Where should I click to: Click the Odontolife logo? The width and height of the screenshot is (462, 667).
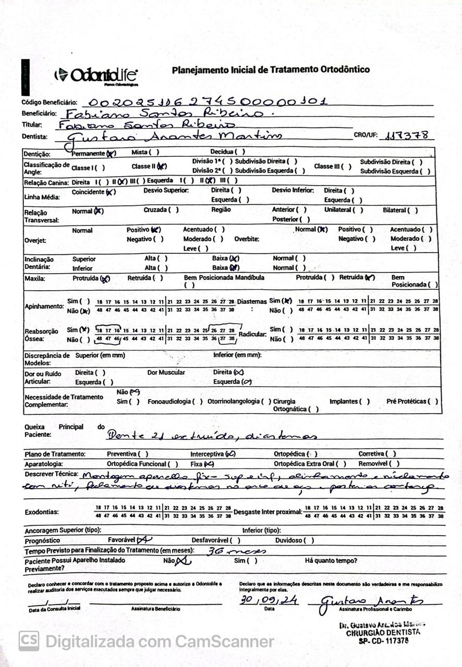click(96, 75)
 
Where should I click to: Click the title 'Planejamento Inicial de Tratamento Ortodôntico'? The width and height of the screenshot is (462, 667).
click(271, 69)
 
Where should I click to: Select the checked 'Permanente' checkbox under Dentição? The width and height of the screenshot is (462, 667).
click(111, 153)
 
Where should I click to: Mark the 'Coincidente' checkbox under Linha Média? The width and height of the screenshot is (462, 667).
click(110, 192)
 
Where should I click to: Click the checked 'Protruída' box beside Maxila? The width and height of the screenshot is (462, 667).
click(106, 279)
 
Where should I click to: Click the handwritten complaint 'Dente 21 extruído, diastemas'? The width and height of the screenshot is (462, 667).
click(211, 436)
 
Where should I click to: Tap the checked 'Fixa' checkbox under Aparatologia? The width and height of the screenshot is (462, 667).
click(209, 464)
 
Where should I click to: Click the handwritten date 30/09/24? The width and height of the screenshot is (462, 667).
click(269, 600)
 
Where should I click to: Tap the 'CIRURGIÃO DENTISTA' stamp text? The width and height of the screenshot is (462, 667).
click(383, 632)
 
